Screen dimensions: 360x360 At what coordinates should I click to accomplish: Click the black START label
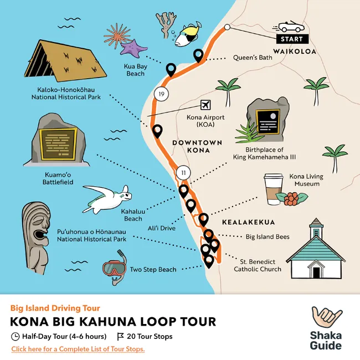point(291,39)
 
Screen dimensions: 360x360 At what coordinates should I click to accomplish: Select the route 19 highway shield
point(161,94)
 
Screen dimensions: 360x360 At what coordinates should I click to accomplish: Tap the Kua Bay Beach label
point(135,70)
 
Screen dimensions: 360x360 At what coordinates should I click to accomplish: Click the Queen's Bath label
point(253,57)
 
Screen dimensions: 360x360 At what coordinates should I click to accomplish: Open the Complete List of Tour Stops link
point(78,349)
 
